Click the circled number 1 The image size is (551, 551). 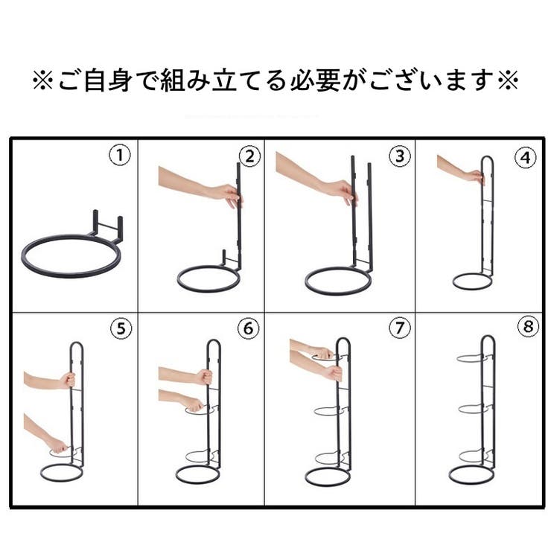(119, 156)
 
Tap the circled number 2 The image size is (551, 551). (248, 156)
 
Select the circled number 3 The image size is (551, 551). (399, 156)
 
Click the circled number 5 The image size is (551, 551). (119, 328)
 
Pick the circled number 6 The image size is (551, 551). (248, 328)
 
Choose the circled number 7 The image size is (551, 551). (399, 328)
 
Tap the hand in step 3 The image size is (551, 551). (342, 191)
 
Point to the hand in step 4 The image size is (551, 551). (474, 176)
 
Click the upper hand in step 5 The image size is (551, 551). (66, 380)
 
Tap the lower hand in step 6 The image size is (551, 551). (193, 404)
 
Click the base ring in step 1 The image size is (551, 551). (71, 255)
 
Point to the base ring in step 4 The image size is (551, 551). (472, 281)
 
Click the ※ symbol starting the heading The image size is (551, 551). (41, 80)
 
